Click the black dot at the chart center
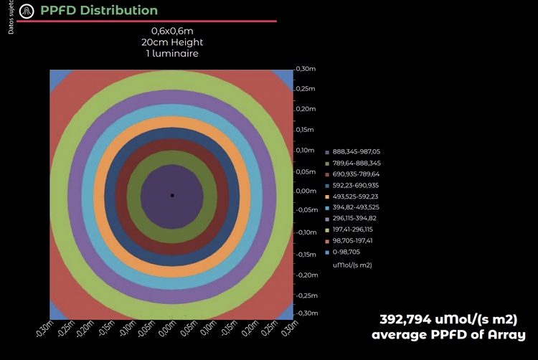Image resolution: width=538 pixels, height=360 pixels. pyautogui.click(x=171, y=195)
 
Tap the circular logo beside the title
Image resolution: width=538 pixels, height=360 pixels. pyautogui.click(x=27, y=11)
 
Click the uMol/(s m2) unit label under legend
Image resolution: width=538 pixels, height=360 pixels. pyautogui.click(x=357, y=265)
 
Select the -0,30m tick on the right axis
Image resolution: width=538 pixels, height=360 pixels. pyautogui.click(x=308, y=313)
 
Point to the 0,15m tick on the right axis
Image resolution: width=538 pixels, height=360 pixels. pyautogui.click(x=306, y=130)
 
